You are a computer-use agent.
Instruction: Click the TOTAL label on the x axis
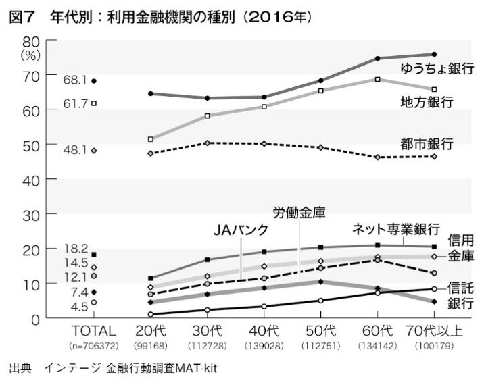[94, 331]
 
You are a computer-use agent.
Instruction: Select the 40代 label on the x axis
[264, 331]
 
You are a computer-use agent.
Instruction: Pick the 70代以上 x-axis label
[434, 331]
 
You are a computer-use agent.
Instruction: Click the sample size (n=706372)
[94, 345]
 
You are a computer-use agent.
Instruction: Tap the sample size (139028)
[264, 345]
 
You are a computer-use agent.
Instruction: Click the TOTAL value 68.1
[75, 80]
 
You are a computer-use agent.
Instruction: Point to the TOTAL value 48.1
[75, 151]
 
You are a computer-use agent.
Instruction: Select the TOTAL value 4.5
[79, 307]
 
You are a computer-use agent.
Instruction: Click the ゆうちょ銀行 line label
[436, 69]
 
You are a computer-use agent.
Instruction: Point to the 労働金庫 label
[299, 212]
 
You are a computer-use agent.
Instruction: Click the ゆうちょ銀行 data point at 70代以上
[434, 54]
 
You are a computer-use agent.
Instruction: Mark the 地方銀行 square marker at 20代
[151, 139]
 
